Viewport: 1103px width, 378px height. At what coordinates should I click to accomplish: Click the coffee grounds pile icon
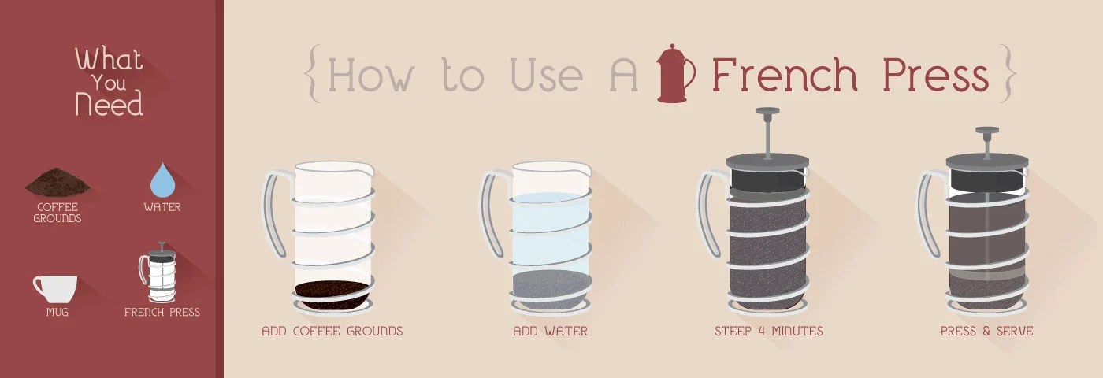(58, 182)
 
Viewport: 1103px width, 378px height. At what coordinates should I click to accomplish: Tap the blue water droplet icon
(162, 180)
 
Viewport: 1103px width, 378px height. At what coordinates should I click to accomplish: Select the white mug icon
(54, 288)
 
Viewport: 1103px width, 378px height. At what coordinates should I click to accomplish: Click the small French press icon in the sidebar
(158, 272)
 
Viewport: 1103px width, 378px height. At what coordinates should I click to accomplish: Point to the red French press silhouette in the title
(675, 74)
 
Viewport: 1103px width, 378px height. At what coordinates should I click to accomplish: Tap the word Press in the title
(936, 75)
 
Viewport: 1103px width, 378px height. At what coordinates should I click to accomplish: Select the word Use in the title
(547, 75)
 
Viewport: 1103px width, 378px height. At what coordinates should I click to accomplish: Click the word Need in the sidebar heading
(109, 103)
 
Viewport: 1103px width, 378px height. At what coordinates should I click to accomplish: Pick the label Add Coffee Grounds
(332, 332)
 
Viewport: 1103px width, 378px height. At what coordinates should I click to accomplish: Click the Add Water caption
(551, 332)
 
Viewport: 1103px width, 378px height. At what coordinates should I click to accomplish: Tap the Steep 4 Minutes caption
(769, 332)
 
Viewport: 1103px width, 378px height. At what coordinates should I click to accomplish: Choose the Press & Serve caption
(986, 332)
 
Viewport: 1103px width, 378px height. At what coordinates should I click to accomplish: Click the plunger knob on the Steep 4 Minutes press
(767, 111)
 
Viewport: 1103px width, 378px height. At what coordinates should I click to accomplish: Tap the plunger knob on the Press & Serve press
(987, 131)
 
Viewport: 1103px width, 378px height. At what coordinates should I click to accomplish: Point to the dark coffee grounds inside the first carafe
(332, 295)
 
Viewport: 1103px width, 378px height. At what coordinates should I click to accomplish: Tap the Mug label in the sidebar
(57, 313)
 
